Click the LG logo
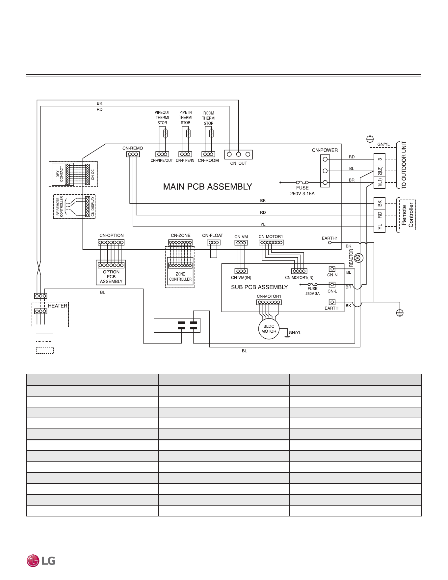tap(41, 561)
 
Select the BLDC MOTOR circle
tap(269, 329)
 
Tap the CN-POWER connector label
tap(325, 150)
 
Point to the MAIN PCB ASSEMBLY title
tap(208, 187)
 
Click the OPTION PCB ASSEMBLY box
tap(111, 272)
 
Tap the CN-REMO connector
tap(133, 154)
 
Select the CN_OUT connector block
tap(239, 154)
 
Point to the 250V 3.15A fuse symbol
tap(302, 182)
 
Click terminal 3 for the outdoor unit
tap(380, 159)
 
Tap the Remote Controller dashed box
tap(408, 215)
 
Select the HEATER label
tap(58, 306)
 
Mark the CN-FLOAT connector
tap(214, 243)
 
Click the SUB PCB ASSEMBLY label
tap(259, 287)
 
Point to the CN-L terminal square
tap(332, 285)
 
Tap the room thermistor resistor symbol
tap(211, 133)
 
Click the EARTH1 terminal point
tap(330, 243)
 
